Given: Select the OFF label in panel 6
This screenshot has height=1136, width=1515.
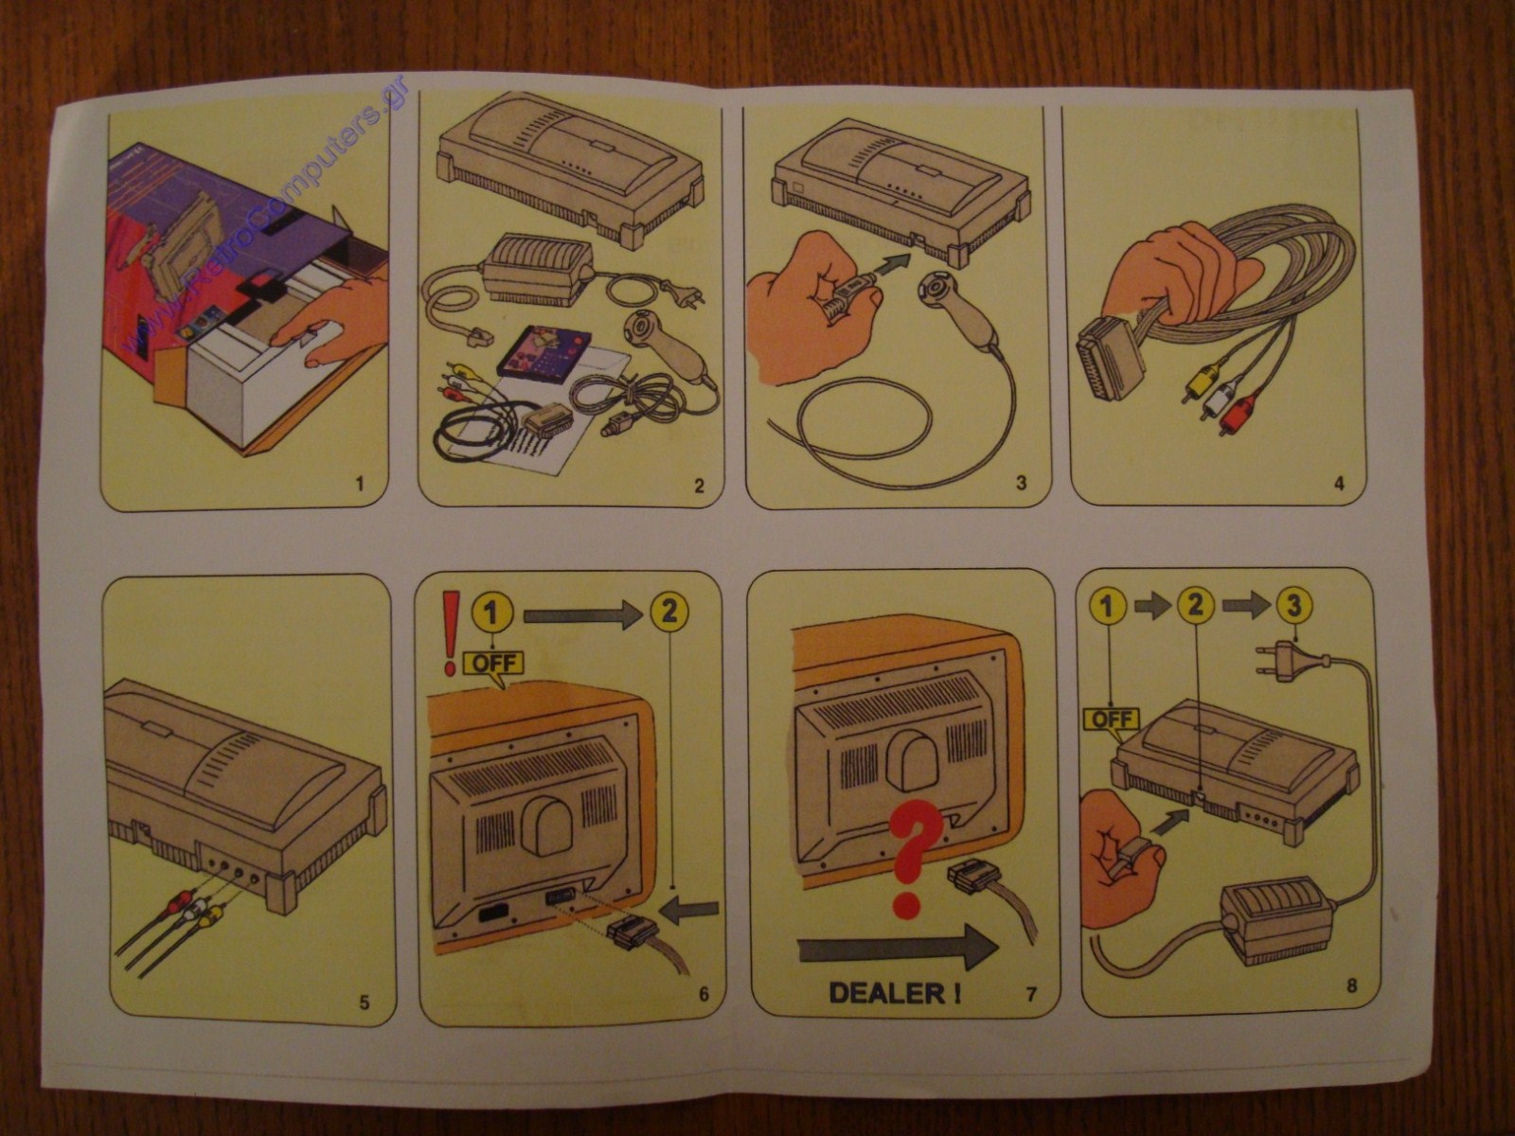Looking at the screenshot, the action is [494, 664].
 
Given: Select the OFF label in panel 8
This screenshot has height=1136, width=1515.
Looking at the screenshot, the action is [1113, 719].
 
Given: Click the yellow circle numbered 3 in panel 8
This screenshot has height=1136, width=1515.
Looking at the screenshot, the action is [1292, 606].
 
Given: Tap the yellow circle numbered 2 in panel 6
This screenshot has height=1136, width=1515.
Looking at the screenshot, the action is [668, 611].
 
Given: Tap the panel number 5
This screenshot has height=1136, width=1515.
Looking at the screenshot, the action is [365, 1003].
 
